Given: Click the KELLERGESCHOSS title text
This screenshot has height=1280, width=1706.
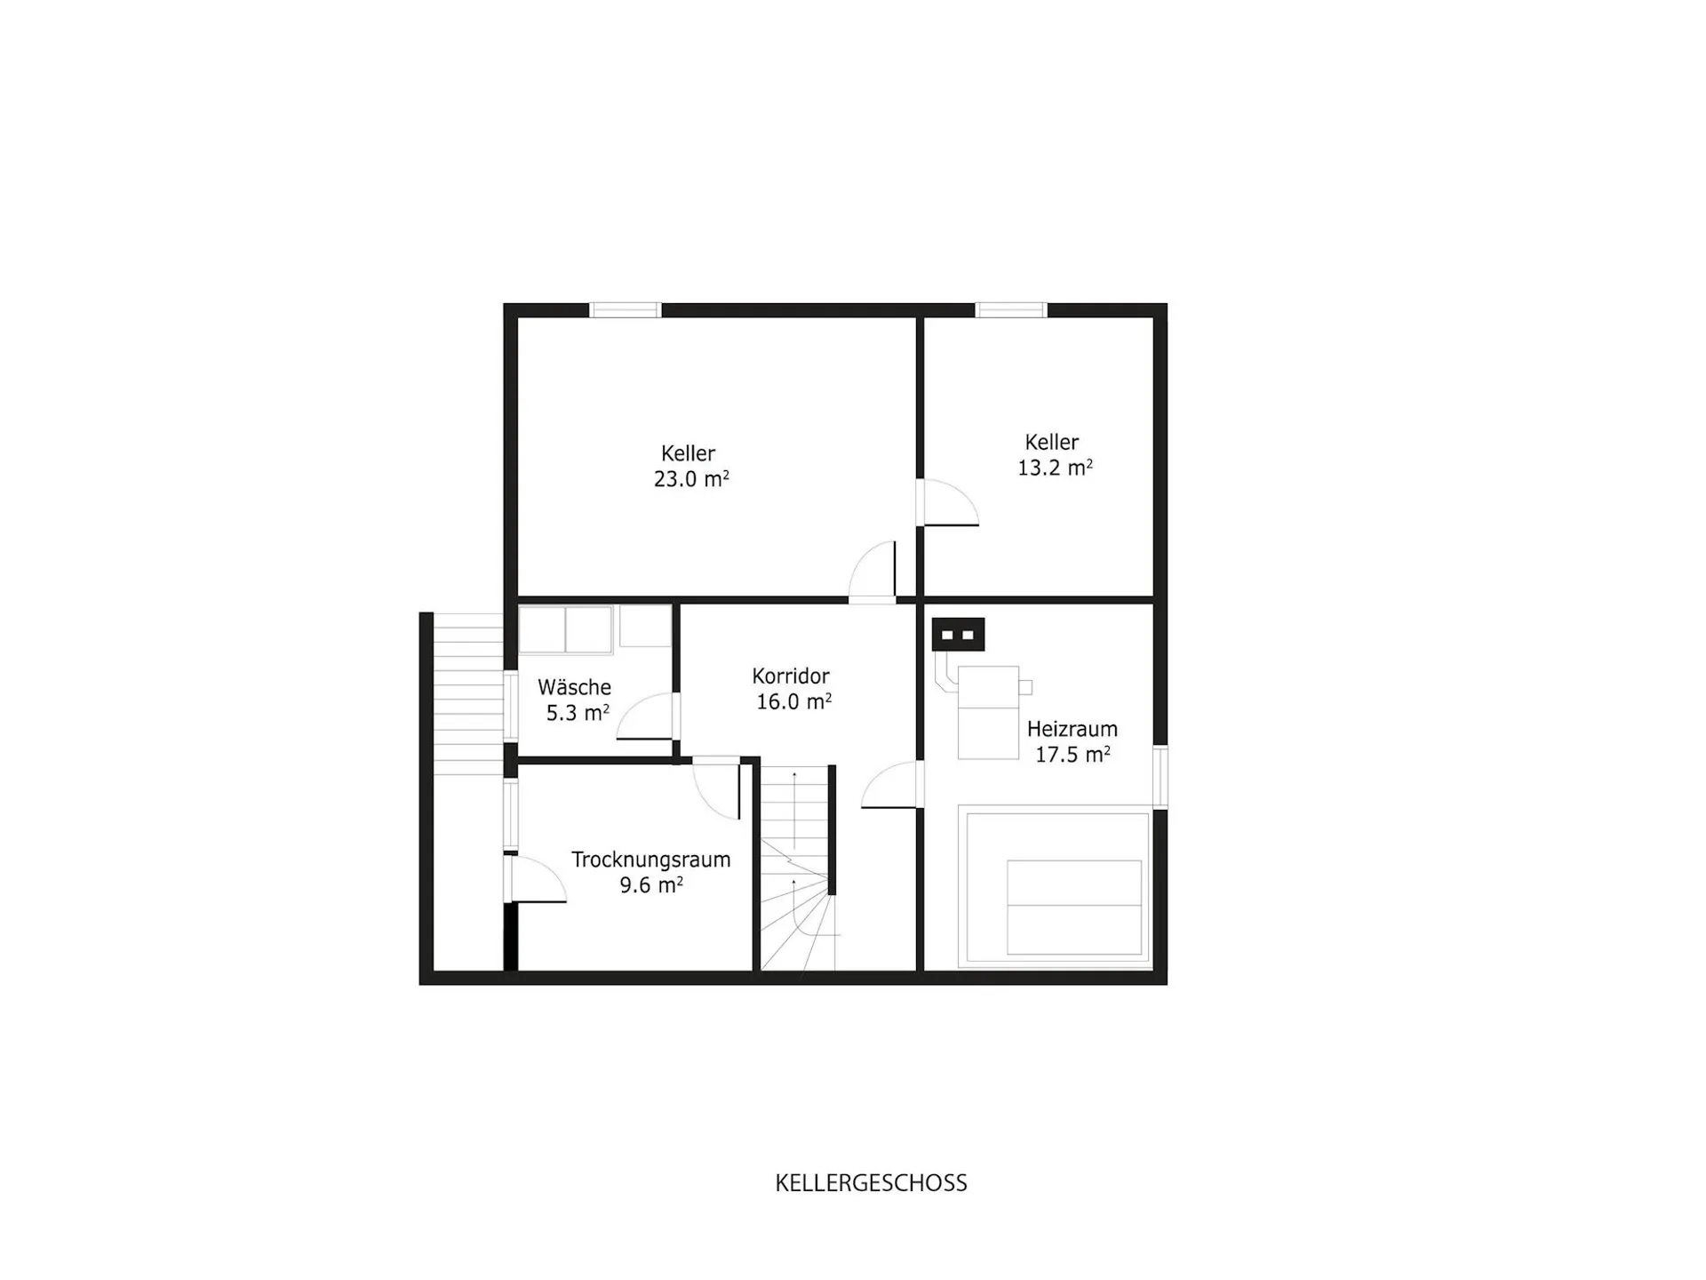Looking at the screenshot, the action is [x=871, y=1183].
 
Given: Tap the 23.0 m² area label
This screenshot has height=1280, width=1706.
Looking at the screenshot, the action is [x=691, y=479].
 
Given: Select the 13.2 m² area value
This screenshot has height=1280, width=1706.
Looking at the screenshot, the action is [x=1055, y=468].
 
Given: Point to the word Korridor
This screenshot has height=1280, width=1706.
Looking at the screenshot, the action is [x=791, y=676].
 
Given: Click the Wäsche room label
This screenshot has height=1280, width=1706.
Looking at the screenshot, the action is [x=574, y=687].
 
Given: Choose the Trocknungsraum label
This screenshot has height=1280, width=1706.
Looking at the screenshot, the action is [x=650, y=860].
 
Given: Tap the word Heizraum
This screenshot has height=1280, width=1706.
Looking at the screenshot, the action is [x=1072, y=729].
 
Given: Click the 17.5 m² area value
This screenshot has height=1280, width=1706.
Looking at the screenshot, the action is [x=1072, y=755].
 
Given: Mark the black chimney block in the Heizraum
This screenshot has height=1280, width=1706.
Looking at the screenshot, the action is [x=958, y=635].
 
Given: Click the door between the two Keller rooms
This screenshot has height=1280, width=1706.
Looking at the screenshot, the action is [x=948, y=503].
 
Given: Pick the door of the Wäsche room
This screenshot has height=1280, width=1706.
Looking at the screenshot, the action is [x=648, y=716].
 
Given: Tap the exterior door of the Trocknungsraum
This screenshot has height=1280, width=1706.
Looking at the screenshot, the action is [x=536, y=879].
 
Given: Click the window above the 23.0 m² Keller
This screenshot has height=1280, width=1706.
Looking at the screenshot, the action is [x=626, y=310].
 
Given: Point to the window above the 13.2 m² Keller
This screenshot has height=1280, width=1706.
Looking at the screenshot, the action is [x=1011, y=310].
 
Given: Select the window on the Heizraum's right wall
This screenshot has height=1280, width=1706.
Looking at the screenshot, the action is [x=1160, y=777].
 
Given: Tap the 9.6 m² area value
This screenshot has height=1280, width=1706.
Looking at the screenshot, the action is [x=651, y=885].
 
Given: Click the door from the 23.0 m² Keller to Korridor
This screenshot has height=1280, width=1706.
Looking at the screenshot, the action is [x=873, y=572].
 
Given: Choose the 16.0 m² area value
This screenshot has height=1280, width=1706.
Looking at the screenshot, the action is [x=793, y=701].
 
